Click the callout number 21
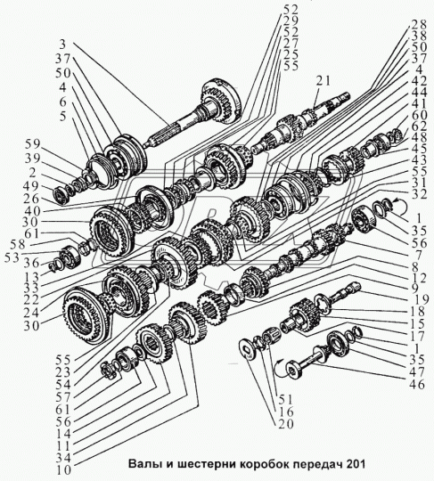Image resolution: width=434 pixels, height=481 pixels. tap(323, 81)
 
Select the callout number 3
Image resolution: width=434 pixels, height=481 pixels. tap(62, 45)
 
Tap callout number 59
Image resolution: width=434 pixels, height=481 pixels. tap(33, 145)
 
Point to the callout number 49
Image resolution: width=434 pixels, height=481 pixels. tap(31, 186)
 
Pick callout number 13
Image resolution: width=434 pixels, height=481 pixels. tap(31, 277)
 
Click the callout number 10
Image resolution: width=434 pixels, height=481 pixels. tap(64, 470)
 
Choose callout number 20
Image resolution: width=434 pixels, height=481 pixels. tap(286, 424)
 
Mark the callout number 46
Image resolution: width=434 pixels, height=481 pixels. tap(417, 385)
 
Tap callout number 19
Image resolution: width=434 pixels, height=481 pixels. tap(419, 299)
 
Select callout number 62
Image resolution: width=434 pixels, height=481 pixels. tap(419, 126)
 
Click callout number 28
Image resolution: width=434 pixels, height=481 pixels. tap(419, 25)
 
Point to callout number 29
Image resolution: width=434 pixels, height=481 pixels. tap(291, 20)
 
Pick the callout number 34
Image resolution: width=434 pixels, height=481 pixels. tap(64, 458)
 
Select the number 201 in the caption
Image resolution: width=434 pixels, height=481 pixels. tap(356, 463)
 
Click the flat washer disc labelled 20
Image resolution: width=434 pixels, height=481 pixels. tap(249, 347)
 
